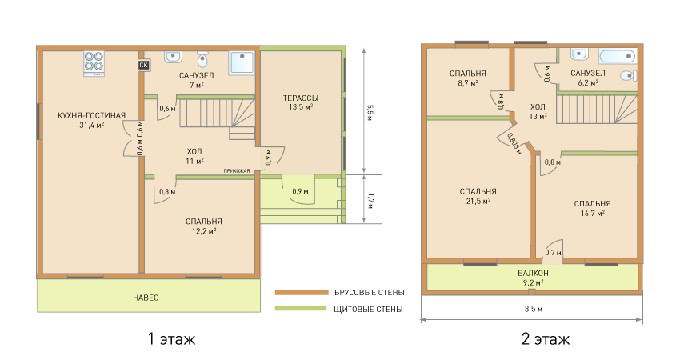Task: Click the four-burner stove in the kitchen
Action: [x=94, y=63]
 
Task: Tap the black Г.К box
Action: [x=143, y=66]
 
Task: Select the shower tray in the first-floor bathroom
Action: [x=242, y=63]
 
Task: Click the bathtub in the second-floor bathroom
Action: [x=618, y=55]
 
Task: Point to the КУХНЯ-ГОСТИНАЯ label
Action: [x=91, y=115]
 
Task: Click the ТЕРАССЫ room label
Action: [x=301, y=98]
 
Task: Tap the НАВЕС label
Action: [x=146, y=298]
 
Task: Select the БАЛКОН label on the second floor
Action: [x=533, y=274]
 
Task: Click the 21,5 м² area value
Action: [x=478, y=202]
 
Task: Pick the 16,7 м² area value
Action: [x=592, y=214]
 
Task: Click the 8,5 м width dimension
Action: [x=534, y=310]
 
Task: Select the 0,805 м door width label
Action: [x=513, y=143]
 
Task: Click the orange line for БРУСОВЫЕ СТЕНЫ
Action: [x=302, y=293]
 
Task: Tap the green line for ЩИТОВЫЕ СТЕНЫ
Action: [x=301, y=308]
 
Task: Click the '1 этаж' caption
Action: [x=172, y=338]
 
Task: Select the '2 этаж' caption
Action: [x=546, y=338]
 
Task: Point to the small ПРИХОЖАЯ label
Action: [x=237, y=171]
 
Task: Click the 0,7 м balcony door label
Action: [x=553, y=253]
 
